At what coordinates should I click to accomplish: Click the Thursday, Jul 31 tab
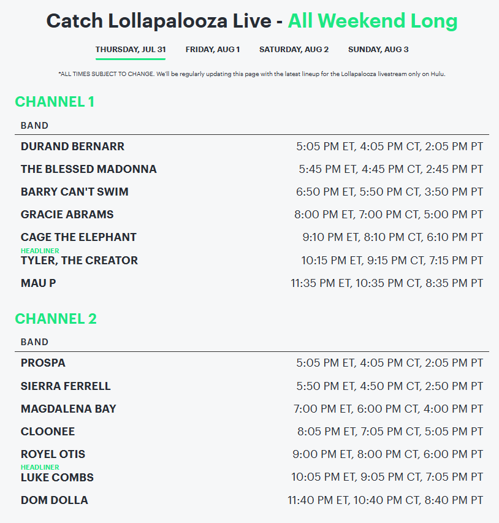pos(131,50)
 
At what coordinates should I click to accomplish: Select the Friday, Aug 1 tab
pos(213,50)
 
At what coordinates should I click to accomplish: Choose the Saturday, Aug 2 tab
pos(294,50)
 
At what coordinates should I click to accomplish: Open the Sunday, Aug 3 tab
pos(378,50)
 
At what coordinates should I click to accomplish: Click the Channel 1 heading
pos(55,102)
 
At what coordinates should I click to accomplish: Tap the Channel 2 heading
pos(56,319)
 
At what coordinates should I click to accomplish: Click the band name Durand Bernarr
pos(72,147)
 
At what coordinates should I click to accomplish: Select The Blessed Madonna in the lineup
pos(89,169)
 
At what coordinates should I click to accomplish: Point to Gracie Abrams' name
pos(67,215)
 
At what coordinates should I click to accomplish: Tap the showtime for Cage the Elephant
pos(392,237)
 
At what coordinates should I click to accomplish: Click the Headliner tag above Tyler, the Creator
pos(40,251)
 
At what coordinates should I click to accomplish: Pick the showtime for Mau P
pos(387,283)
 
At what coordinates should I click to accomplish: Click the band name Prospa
pos(43,363)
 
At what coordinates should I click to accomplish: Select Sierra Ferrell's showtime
pos(390,386)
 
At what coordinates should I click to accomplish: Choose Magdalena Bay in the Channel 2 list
pos(69,409)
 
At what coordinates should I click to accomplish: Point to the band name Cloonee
pos(48,432)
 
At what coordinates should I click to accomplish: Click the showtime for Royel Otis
pos(387,454)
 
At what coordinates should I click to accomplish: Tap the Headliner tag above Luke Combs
pos(40,467)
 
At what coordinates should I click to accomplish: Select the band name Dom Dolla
pos(55,500)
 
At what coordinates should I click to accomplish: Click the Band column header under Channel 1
pos(34,126)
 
